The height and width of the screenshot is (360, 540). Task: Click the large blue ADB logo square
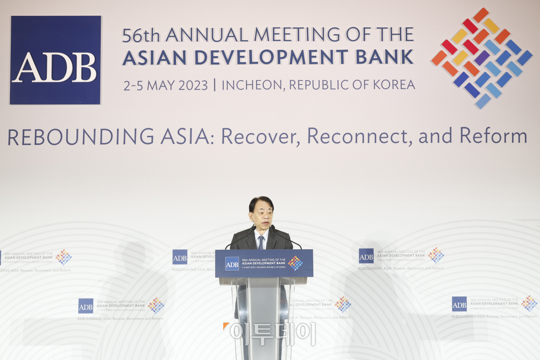[x=55, y=60]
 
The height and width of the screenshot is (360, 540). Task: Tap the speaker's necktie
[x=261, y=243]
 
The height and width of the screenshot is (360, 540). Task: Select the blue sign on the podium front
[x=264, y=263]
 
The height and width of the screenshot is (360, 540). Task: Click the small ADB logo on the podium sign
[x=232, y=263]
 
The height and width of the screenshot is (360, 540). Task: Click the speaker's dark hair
[x=261, y=202]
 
